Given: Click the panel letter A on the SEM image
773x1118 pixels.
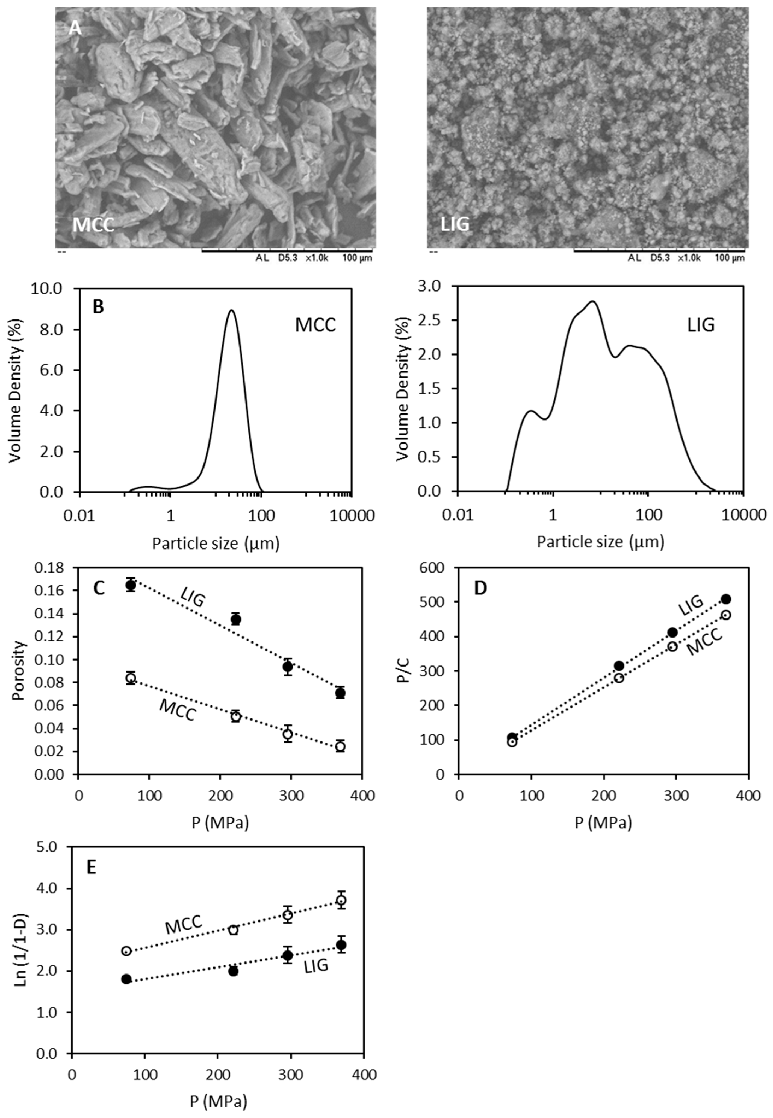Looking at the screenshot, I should click(x=75, y=28).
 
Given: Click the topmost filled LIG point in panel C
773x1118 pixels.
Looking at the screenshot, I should click(x=130, y=585).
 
